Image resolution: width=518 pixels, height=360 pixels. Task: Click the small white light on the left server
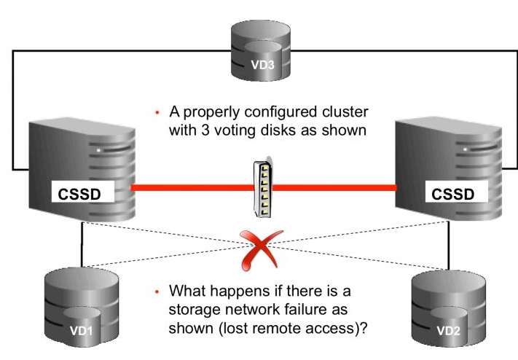pyautogui.click(x=96, y=150)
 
